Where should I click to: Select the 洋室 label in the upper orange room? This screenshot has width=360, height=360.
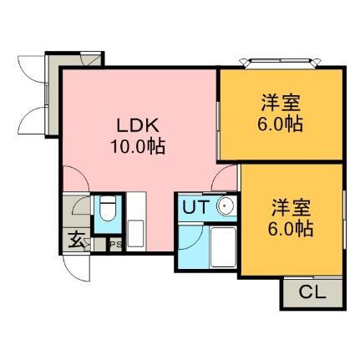tap(280, 105)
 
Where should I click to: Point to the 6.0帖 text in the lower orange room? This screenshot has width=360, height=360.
tap(292, 226)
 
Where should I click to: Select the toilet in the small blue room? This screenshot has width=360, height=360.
tap(105, 211)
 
